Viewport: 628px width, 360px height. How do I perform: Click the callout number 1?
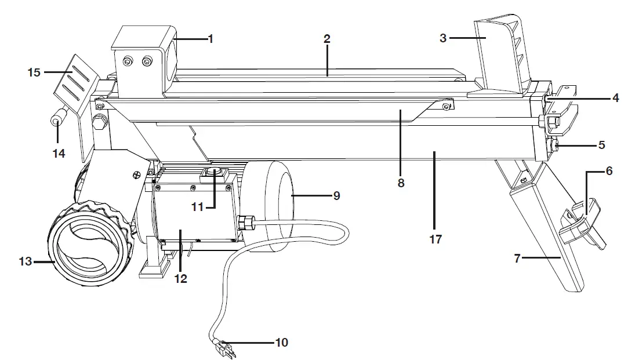point(210,39)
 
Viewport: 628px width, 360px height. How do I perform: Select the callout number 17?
point(435,239)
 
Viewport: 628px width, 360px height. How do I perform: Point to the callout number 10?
point(281,343)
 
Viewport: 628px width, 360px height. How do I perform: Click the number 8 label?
point(401,183)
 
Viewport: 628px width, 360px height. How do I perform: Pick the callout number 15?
point(34,72)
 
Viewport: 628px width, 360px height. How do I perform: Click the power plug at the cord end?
point(224,350)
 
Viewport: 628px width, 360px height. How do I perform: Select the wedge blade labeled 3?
point(500,58)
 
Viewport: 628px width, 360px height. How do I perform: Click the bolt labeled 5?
point(555,145)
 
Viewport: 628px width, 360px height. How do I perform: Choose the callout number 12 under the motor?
point(181,278)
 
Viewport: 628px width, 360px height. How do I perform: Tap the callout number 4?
point(615,97)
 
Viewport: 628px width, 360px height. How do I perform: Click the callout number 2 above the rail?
point(326,39)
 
